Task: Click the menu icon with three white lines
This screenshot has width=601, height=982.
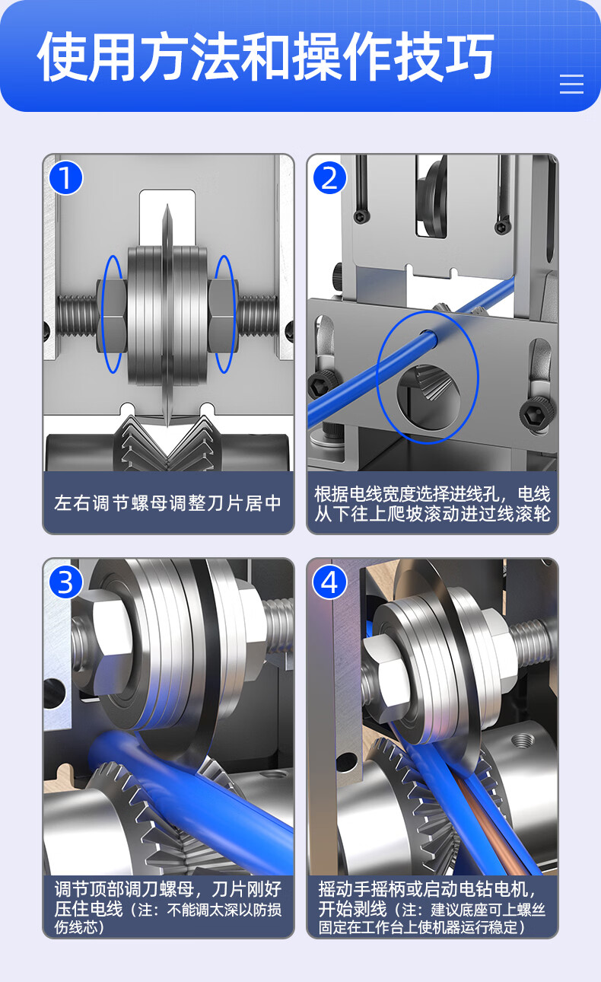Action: (571, 84)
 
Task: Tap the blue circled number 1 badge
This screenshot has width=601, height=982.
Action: (65, 178)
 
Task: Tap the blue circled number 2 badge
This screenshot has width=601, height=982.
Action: (330, 178)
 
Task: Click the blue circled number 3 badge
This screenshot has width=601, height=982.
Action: (65, 582)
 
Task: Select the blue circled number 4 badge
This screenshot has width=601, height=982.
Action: (330, 582)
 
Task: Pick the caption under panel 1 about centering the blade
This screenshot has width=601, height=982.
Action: (168, 503)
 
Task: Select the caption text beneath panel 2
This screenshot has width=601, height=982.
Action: (432, 504)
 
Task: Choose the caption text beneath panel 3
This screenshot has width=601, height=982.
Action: (168, 908)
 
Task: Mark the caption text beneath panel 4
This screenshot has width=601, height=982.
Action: (432, 908)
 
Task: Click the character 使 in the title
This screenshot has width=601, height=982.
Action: (62, 57)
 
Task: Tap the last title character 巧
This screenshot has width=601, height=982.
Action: (469, 57)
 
